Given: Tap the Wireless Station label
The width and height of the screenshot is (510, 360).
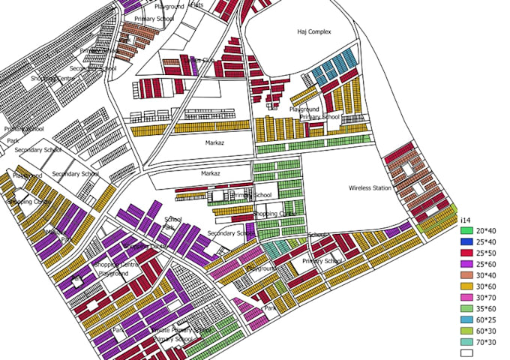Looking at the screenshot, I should (x=370, y=187).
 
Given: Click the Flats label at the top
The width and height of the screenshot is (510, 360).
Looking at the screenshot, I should (x=196, y=4).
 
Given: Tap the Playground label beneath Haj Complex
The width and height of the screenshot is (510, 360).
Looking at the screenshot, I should (x=304, y=109).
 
